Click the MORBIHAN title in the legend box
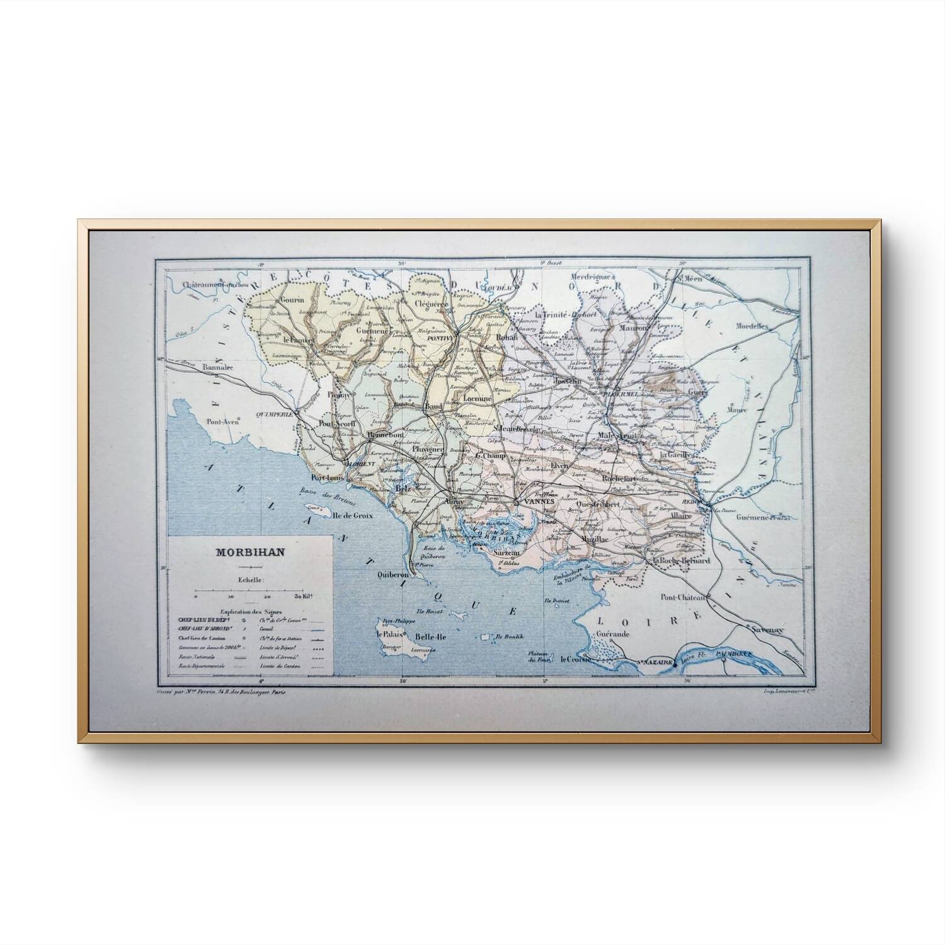250,553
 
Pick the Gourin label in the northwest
293,300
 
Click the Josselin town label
567,382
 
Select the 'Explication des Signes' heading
250,611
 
